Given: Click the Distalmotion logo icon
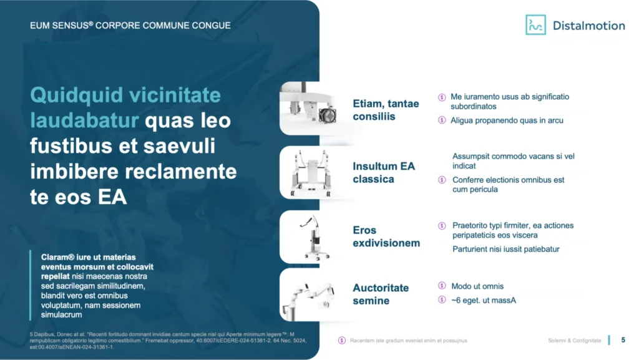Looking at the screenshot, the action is (535, 25).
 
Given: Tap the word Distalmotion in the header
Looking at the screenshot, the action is (588, 26).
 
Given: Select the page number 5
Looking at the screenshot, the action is (623, 340).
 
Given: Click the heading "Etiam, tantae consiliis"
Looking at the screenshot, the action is (386, 110).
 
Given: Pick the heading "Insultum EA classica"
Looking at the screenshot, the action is (384, 173).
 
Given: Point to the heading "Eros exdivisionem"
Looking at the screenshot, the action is (386, 236).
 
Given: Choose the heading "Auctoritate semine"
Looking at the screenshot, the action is (381, 294).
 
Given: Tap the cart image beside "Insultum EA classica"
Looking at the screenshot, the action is (311, 173).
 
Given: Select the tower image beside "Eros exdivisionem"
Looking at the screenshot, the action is (314, 238).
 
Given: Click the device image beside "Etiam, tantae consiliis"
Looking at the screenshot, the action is (310, 107).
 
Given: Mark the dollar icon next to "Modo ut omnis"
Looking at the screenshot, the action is (442, 286).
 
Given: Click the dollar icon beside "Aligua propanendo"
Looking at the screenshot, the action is (442, 120).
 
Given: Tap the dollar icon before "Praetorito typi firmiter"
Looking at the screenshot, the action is (442, 226).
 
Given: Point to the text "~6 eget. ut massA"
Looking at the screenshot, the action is (484, 300).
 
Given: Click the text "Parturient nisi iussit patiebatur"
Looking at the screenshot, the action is (505, 249).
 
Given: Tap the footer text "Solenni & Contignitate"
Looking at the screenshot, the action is (574, 341).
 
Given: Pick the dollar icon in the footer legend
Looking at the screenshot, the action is (342, 341).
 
